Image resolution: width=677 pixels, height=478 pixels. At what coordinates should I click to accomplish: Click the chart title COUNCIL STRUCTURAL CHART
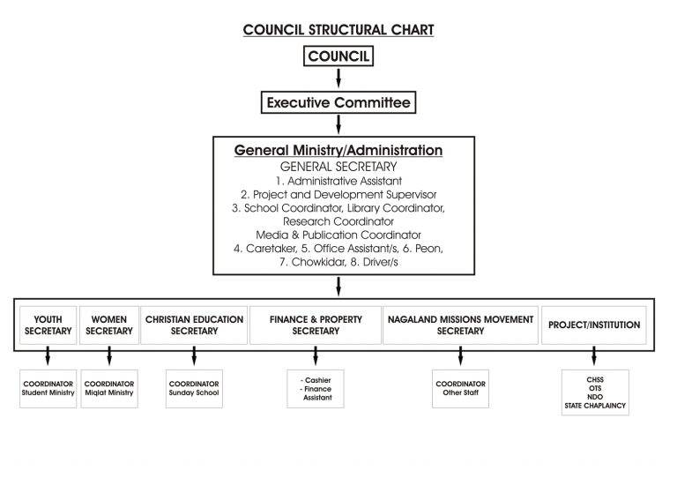click(338, 30)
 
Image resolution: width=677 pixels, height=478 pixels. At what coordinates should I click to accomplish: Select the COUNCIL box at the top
click(338, 57)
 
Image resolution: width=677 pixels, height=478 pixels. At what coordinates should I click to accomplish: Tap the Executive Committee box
click(338, 103)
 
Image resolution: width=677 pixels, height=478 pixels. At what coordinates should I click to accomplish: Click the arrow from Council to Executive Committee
click(338, 79)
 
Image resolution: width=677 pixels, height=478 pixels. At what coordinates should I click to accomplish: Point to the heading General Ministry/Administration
click(338, 151)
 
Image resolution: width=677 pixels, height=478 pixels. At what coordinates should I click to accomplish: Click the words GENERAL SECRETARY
click(338, 166)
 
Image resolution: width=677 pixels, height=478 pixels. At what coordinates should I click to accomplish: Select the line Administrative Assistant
click(338, 180)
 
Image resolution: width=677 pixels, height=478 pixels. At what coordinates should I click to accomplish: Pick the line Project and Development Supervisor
click(338, 194)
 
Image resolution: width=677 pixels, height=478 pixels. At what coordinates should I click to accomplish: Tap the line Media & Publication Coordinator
click(338, 235)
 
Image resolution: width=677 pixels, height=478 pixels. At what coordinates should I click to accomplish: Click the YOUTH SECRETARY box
click(48, 325)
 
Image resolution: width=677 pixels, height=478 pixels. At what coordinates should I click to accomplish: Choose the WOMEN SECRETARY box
click(109, 325)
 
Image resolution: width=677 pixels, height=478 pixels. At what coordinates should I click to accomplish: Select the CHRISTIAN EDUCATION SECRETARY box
click(194, 325)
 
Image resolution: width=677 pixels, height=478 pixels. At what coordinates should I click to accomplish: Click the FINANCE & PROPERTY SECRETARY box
click(315, 325)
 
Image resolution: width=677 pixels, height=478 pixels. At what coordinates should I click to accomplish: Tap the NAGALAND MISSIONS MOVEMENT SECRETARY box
click(460, 325)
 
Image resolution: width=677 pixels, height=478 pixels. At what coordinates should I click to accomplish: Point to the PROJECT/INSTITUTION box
click(594, 325)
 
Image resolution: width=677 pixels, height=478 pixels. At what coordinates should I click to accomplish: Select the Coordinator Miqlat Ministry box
click(109, 388)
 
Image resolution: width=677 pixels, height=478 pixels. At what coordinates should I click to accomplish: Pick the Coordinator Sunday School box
click(194, 388)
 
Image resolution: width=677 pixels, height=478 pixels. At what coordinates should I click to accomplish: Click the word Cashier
click(316, 379)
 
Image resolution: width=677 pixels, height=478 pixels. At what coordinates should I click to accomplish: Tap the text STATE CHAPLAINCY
click(595, 406)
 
